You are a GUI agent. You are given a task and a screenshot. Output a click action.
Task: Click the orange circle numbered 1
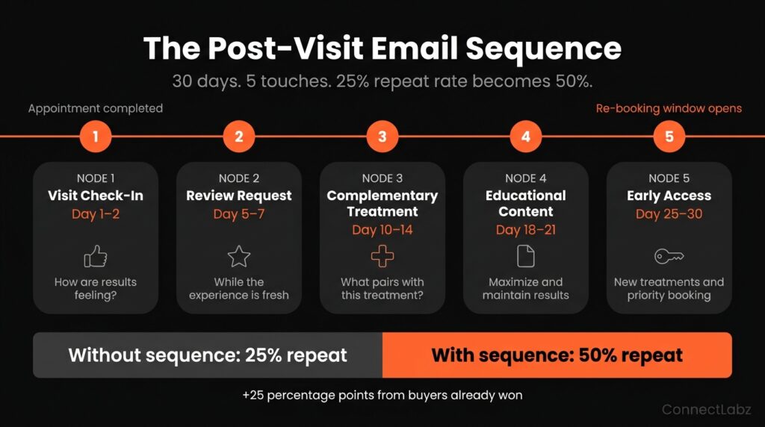point(96,137)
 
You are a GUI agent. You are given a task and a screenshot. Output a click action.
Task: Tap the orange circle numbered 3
point(382,137)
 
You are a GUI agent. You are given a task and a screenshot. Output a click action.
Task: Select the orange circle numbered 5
point(669,137)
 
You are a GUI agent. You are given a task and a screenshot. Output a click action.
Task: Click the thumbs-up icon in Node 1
point(96,256)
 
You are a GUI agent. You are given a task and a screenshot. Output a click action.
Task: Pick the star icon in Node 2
point(239,256)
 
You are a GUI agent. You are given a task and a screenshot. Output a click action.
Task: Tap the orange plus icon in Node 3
point(382,256)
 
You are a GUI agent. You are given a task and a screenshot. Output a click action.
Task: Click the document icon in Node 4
point(526,256)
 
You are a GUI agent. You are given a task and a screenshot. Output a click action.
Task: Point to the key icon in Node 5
point(669,256)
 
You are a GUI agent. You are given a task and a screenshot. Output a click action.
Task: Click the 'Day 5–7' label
point(239,214)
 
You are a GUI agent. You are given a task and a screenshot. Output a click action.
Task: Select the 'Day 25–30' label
point(669,214)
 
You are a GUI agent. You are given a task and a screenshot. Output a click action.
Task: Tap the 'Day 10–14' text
point(382,230)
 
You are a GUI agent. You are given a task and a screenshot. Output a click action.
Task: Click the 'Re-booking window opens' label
point(669,109)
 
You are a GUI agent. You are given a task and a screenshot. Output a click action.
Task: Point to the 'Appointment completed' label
point(96,108)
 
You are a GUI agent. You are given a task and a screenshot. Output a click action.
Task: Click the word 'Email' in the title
point(414,49)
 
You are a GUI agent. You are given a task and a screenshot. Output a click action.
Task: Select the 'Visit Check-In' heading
point(96,196)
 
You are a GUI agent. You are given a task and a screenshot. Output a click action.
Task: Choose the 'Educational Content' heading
point(526,203)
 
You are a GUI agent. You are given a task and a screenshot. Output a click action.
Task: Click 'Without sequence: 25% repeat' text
point(208,355)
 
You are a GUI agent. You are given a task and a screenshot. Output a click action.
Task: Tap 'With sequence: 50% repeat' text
point(557,355)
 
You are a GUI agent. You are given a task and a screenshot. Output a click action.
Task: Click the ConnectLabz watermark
point(707,409)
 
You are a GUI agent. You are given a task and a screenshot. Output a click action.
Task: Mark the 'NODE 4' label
point(526,178)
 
